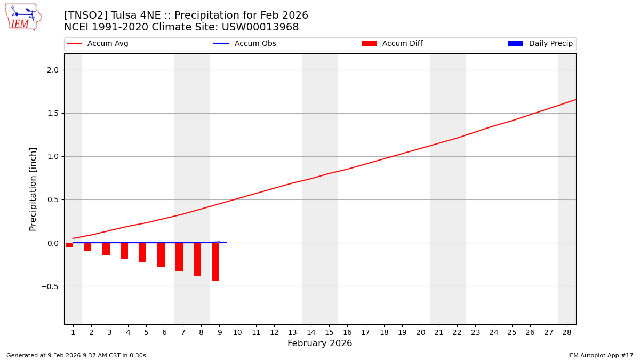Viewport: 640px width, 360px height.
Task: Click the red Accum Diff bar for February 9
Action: pyautogui.click(x=215, y=261)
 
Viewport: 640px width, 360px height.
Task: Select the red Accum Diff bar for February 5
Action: pyautogui.click(x=142, y=252)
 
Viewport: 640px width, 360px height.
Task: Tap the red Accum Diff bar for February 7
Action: pyautogui.click(x=179, y=257)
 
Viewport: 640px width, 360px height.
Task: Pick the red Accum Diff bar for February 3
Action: pyautogui.click(x=106, y=249)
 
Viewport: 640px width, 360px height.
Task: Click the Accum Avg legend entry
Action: pyautogui.click(x=98, y=44)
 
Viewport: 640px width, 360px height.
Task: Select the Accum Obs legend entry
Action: pyautogui.click(x=245, y=44)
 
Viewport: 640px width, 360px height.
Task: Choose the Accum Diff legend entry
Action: pyautogui.click(x=393, y=44)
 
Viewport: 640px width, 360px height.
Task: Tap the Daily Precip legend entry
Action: pyautogui.click(x=541, y=44)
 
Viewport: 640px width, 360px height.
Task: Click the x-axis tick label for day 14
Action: pyautogui.click(x=311, y=332)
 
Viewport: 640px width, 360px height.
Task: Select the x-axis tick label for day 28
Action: pyautogui.click(x=567, y=332)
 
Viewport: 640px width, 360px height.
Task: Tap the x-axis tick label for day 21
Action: pyautogui.click(x=439, y=332)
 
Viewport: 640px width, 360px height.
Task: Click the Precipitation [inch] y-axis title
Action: pyautogui.click(x=33, y=189)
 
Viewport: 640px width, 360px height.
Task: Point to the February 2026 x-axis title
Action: pyautogui.click(x=320, y=343)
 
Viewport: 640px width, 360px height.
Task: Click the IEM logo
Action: pyautogui.click(x=23, y=17)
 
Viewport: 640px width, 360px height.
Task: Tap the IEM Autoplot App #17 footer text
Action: pyautogui.click(x=601, y=355)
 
